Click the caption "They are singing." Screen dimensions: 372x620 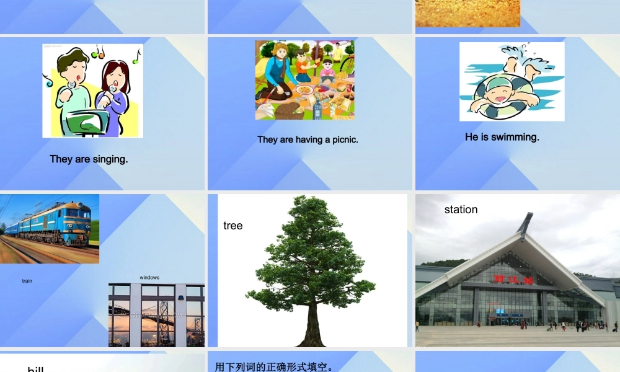(x=89, y=159)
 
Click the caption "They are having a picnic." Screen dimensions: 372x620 (x=308, y=139)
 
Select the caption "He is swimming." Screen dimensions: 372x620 (x=502, y=137)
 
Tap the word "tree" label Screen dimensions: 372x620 (x=232, y=226)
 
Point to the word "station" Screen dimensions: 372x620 (x=461, y=210)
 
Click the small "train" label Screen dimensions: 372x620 (x=27, y=281)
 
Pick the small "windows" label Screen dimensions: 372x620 (x=149, y=277)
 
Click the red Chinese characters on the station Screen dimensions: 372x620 (x=513, y=280)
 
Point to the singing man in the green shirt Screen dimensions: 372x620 (x=71, y=93)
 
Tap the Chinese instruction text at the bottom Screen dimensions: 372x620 (x=274, y=366)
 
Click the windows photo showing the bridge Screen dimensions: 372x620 (x=156, y=315)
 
